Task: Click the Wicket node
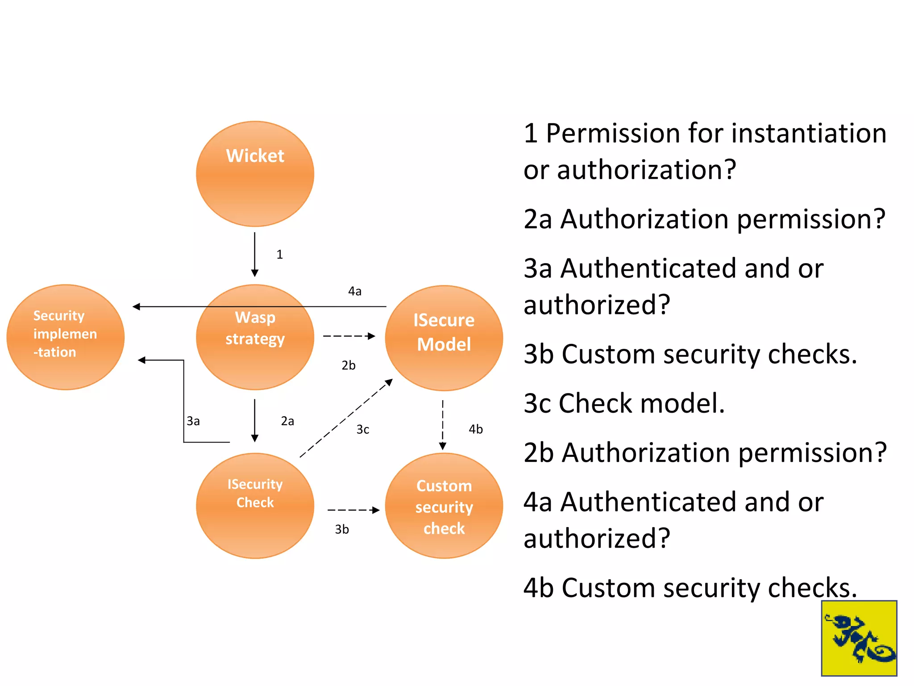click(x=255, y=174)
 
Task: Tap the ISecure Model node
click(x=444, y=338)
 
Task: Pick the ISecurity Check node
click(x=255, y=506)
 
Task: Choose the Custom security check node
click(x=444, y=506)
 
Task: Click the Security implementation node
click(x=65, y=337)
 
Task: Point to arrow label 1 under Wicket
click(x=279, y=255)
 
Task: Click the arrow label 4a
click(x=355, y=291)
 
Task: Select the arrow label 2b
click(x=349, y=365)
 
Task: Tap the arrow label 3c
click(x=363, y=430)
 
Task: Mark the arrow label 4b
click(x=476, y=429)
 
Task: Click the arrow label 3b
click(x=342, y=529)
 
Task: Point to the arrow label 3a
click(x=193, y=421)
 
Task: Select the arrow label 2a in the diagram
click(x=287, y=421)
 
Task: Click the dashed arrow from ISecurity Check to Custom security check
click(x=353, y=510)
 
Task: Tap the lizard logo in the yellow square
click(x=859, y=638)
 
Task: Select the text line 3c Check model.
click(x=624, y=403)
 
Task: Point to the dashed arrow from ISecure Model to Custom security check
click(x=443, y=424)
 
